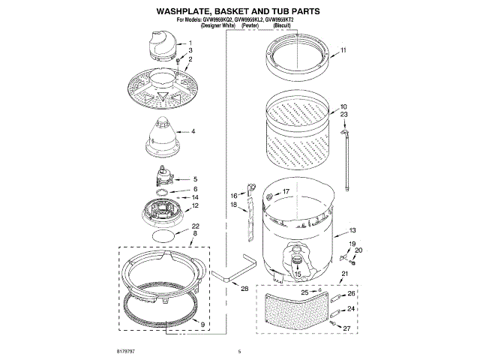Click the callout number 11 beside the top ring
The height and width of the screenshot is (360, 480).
click(x=343, y=50)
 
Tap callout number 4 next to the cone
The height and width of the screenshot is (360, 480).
click(x=193, y=131)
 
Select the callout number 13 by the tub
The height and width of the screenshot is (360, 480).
click(x=352, y=230)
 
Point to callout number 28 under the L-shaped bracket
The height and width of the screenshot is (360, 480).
click(x=244, y=288)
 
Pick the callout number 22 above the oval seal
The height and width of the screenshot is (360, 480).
click(x=195, y=226)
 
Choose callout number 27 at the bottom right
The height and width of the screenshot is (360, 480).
click(x=347, y=328)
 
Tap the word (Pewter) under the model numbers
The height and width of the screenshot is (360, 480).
click(x=250, y=25)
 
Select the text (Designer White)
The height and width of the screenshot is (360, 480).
click(x=214, y=25)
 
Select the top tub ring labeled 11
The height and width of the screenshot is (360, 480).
click(x=298, y=57)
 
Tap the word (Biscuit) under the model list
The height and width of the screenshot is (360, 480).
click(x=286, y=25)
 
